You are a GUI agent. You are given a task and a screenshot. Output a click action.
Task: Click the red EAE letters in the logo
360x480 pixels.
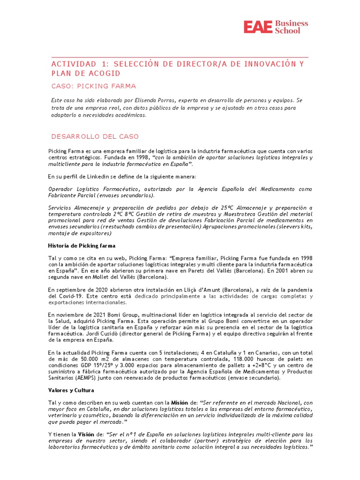click(258, 27)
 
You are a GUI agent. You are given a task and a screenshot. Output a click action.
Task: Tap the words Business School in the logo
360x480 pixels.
click(291, 27)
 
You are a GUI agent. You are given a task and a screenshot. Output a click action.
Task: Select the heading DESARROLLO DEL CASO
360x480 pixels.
click(95, 136)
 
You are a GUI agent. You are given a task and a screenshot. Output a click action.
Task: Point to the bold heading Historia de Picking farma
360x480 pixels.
click(82, 246)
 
